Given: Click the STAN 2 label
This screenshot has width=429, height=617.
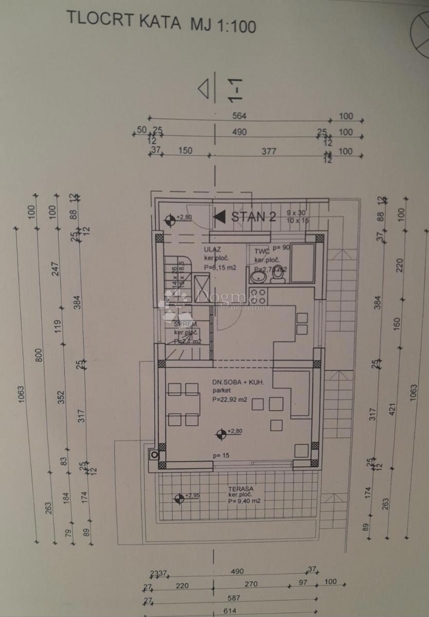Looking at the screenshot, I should tap(253, 216).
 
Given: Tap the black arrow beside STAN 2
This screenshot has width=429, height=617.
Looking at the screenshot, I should tap(220, 216).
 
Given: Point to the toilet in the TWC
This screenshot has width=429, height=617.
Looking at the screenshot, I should tap(278, 275).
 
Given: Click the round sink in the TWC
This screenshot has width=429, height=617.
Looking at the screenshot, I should tap(257, 277).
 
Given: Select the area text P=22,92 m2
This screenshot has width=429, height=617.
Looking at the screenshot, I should tap(233, 399).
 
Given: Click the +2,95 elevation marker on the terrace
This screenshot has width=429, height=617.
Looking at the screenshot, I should tap(179, 497).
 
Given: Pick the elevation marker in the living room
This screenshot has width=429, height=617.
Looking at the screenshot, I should tap(221, 434).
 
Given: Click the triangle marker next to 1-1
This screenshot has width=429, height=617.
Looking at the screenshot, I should tap(205, 88).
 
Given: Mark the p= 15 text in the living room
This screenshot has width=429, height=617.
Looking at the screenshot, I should tap(221, 456).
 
